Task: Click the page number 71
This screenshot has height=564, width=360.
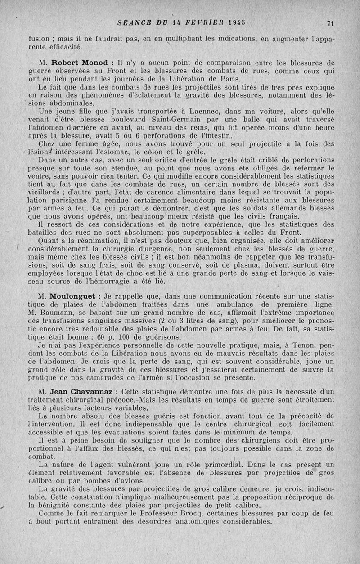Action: (x=330, y=23)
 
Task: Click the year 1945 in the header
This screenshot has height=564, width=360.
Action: (x=237, y=23)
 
